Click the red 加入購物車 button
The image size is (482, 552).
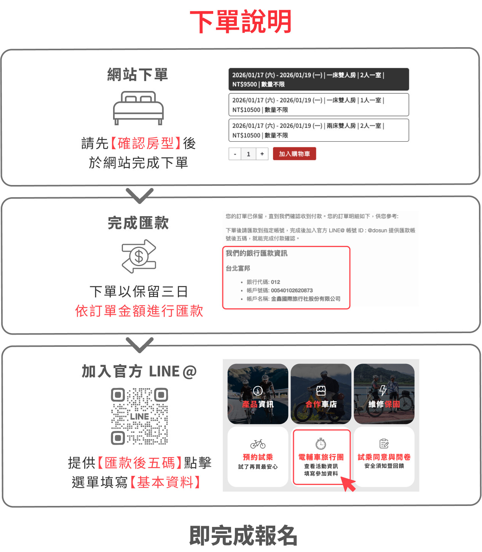pos(294,154)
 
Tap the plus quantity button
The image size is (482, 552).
pos(262,154)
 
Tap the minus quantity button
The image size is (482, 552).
pos(235,154)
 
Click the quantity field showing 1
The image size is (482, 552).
pos(248,154)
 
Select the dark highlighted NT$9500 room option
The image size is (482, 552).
pos(319,79)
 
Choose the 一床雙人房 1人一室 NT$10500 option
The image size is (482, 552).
pos(319,105)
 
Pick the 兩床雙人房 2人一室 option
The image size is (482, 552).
pos(319,130)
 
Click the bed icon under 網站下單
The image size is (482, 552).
pos(138,108)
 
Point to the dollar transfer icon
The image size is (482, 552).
pos(139,256)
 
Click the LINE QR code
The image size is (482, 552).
pos(139,416)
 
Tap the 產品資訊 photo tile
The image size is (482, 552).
pos(258,394)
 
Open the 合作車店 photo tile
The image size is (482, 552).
pos(321,394)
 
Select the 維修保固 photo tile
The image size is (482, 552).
pos(384,394)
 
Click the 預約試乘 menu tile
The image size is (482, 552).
pos(258,457)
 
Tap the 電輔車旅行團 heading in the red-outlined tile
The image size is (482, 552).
pos(321,457)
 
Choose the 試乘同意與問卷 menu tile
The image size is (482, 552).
pos(384,457)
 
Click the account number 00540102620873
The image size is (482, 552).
pos(292,290)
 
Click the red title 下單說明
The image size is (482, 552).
pos(241,22)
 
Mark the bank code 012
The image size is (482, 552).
pos(275,282)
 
